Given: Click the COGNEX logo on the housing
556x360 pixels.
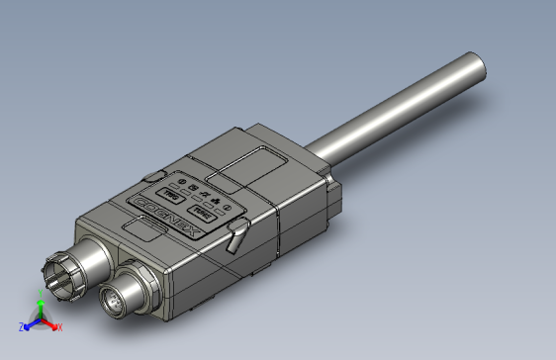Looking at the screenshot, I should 171,213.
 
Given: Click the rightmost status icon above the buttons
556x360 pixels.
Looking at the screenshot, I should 226,206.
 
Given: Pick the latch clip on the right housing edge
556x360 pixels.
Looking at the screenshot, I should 237,236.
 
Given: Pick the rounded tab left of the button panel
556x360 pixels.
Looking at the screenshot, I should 154,175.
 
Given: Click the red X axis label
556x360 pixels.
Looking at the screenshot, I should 59,326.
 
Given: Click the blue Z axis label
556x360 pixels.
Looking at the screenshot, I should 22,326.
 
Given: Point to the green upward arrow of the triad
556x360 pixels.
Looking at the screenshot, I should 40,311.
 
